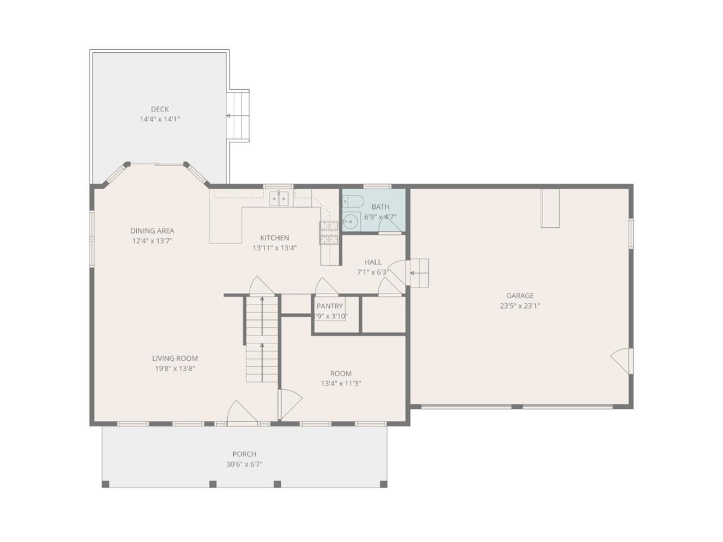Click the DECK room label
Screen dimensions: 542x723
tap(159, 109)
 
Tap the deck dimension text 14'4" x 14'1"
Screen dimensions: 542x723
tap(159, 119)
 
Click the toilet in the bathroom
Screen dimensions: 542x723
tap(354, 200)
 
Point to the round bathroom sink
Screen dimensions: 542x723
tap(351, 222)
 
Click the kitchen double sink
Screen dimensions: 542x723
tap(279, 199)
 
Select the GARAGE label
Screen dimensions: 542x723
tap(520, 295)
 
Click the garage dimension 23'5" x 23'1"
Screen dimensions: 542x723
tap(520, 305)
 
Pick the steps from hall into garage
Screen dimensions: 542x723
tap(419, 273)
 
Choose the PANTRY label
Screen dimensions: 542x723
tap(329, 306)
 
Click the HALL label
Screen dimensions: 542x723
tap(373, 262)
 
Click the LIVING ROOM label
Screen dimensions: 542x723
tap(175, 358)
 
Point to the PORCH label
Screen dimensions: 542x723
tap(244, 454)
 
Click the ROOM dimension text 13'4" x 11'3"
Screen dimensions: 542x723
tap(341, 383)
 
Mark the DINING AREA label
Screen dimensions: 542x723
tap(152, 230)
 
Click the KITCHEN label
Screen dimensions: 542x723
tap(275, 238)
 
